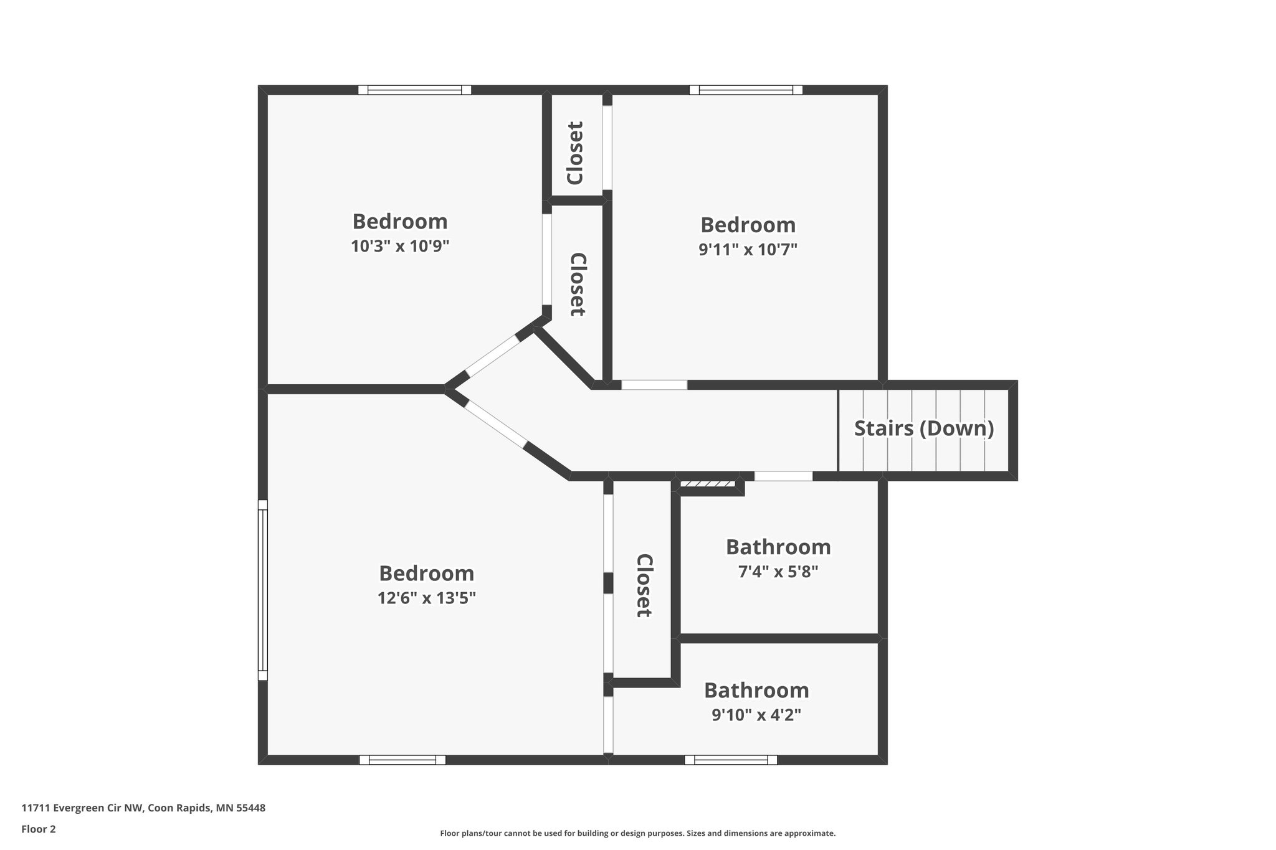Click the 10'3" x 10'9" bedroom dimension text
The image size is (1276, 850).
(400, 247)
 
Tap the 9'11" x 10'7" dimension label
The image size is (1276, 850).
(748, 250)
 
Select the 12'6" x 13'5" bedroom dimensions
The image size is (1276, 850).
(427, 598)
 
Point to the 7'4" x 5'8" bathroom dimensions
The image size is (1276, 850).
(778, 572)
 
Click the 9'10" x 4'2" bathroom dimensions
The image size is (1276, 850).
(756, 715)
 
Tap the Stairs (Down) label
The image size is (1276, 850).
(923, 428)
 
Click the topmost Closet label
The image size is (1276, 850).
(575, 153)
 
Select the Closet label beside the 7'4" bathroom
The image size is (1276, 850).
(644, 585)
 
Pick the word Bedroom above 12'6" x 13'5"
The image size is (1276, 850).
(427, 573)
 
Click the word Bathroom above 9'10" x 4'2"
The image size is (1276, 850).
(756, 690)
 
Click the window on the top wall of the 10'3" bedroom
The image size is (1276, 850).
(414, 90)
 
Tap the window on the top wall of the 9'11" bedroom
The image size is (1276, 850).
(746, 90)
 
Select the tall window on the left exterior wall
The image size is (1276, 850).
(263, 589)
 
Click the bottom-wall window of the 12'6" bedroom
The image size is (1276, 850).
(402, 760)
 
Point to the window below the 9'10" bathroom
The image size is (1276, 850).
(731, 760)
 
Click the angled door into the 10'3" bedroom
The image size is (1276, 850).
(492, 356)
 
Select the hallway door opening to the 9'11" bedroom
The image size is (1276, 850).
(654, 385)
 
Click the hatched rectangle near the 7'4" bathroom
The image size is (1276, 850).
(707, 484)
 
